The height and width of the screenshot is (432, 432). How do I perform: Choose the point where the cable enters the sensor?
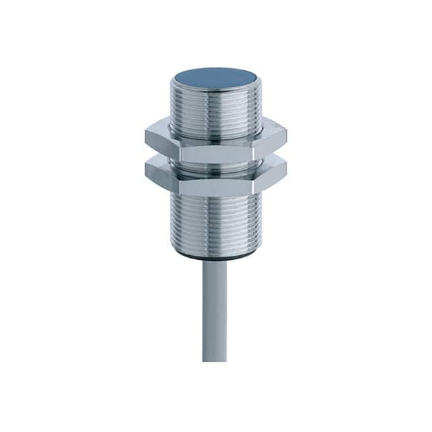coord(215,262)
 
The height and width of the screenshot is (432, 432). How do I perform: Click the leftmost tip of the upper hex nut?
coord(145,137)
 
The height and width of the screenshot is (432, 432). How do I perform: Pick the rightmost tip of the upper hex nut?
coord(287,137)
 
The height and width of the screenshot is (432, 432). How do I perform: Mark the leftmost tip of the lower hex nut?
coord(145,169)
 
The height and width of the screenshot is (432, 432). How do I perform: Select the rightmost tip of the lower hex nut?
coord(287,169)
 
